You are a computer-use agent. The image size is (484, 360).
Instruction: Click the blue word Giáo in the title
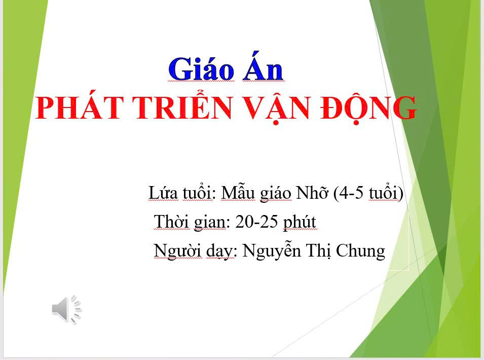(x=201, y=69)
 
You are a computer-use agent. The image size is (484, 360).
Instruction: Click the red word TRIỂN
(x=183, y=104)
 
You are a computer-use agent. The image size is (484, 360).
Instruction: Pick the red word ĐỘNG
(x=368, y=108)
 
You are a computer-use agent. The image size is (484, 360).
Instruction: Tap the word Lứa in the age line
(x=163, y=193)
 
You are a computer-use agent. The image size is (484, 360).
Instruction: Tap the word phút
(x=300, y=222)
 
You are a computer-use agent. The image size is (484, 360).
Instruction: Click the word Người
(x=177, y=251)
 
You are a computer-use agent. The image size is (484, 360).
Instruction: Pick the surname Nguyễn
(x=272, y=250)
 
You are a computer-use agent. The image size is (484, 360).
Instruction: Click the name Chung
(x=360, y=251)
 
